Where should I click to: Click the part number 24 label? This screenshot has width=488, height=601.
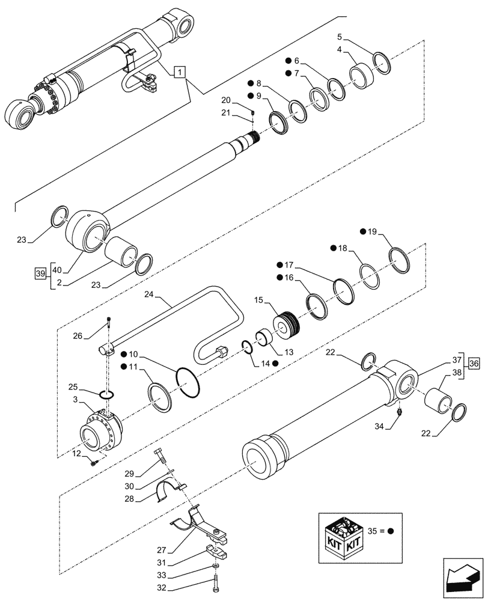[150, 295]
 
